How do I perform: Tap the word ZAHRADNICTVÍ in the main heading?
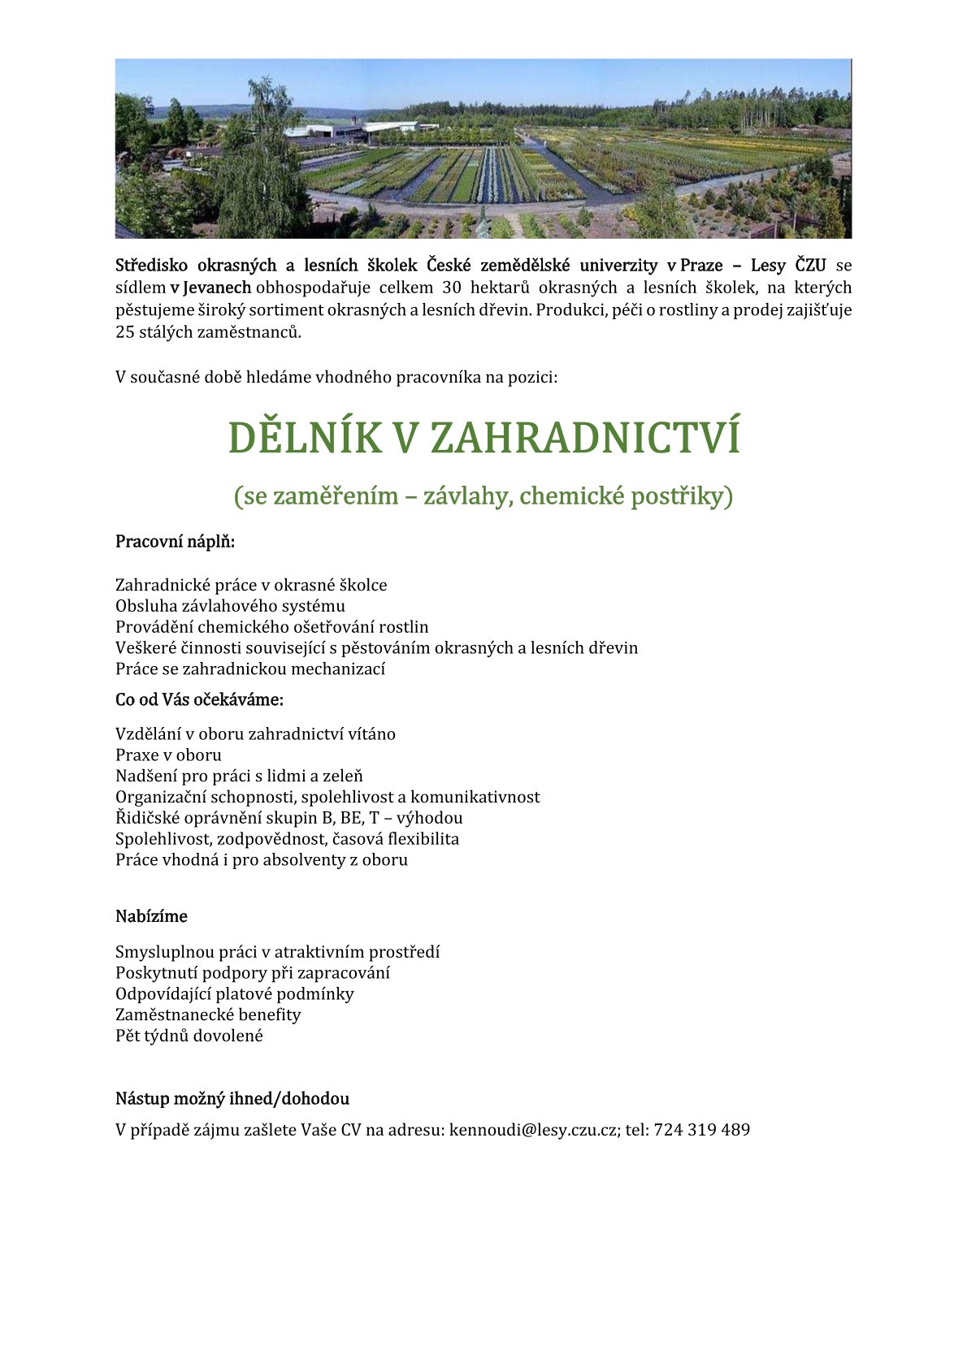584,439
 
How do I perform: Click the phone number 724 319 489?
701,1130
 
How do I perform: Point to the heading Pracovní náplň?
175,542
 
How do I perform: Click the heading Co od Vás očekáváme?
199,699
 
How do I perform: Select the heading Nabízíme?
151,916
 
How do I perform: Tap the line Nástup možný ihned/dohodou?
232,1099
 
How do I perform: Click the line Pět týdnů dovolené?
189,1036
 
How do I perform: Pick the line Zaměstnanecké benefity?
208,1014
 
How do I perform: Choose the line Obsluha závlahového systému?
230,606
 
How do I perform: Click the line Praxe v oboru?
168,755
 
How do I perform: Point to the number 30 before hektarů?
453,288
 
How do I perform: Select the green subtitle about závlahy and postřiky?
483,495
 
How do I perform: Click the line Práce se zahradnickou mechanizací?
250,668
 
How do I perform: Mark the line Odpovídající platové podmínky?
235,993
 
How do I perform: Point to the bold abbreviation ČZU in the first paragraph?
810,266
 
